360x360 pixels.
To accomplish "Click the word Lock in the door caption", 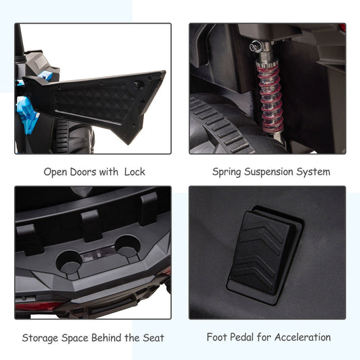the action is (x=135, y=172).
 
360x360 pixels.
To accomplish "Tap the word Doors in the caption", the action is (x=83, y=172).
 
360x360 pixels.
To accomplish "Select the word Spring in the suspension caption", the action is (x=226, y=172).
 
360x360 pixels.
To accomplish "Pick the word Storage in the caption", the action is (x=40, y=338).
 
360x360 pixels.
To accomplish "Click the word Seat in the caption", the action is (x=153, y=338).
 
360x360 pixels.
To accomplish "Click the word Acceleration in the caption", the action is (x=303, y=337).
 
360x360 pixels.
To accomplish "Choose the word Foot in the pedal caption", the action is (x=217, y=337).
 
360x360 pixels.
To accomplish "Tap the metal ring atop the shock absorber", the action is (x=254, y=46).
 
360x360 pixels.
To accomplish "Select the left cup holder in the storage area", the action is (x=69, y=262).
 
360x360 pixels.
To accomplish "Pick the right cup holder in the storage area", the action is (x=127, y=246).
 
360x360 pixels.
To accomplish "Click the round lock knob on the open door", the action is (x=139, y=85).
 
